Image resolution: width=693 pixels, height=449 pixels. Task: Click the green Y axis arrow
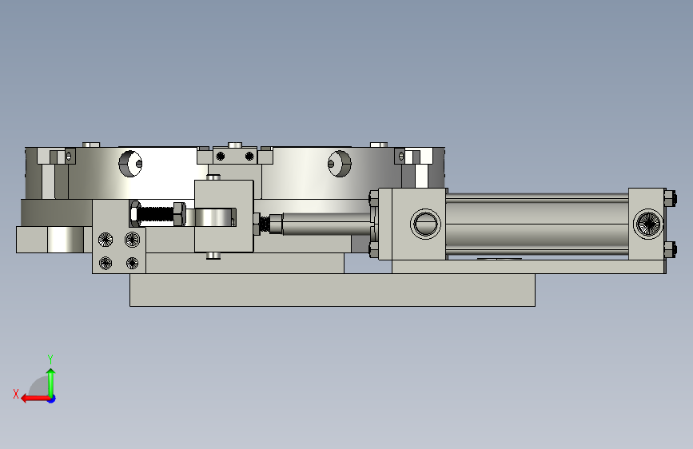pyautogui.click(x=51, y=383)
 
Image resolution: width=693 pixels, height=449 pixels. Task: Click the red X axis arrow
pyautogui.click(x=35, y=399)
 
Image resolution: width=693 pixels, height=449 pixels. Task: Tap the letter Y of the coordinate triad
pyautogui.click(x=50, y=359)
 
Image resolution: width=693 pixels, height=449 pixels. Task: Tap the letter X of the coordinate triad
pyautogui.click(x=16, y=394)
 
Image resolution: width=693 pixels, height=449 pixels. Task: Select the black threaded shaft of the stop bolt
pyautogui.click(x=155, y=214)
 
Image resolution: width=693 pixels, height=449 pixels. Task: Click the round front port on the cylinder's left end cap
pyautogui.click(x=425, y=224)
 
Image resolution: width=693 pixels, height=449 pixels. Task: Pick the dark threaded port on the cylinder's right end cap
pyautogui.click(x=648, y=224)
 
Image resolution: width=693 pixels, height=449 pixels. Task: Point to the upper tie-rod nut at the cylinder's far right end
pyautogui.click(x=670, y=198)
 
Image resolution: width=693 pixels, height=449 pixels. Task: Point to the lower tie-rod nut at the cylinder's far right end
pyautogui.click(x=670, y=248)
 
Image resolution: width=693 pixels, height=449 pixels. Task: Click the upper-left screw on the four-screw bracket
pyautogui.click(x=106, y=240)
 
